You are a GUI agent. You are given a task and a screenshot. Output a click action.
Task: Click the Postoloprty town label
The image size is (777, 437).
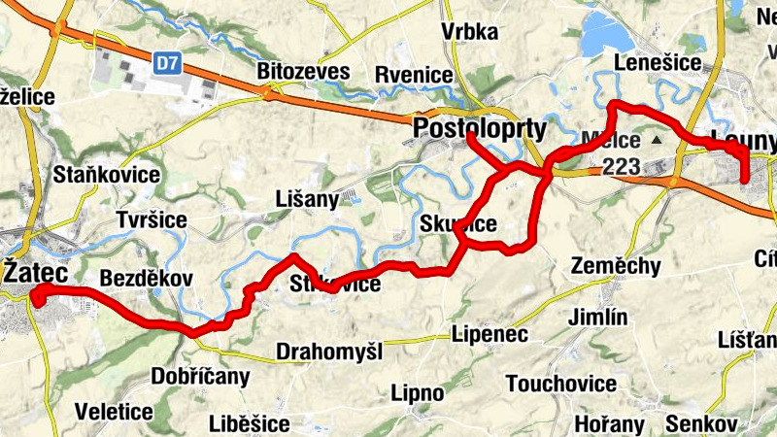pyautogui.click(x=480, y=128)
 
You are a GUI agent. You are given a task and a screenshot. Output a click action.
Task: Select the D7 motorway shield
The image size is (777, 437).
pyautogui.click(x=167, y=63)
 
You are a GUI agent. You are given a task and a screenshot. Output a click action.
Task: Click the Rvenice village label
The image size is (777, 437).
pyautogui.click(x=414, y=75)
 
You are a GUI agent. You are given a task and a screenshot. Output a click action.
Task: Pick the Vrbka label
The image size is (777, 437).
pyautogui.click(x=469, y=31)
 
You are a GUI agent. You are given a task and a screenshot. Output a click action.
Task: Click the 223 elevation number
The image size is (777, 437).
pyautogui.click(x=621, y=166)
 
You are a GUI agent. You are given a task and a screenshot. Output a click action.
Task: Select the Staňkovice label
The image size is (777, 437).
pyautogui.click(x=107, y=175)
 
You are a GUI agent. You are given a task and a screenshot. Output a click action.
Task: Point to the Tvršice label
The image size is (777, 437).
pyautogui.click(x=151, y=219)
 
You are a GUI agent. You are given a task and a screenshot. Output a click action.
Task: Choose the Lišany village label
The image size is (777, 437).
pyautogui.click(x=307, y=199)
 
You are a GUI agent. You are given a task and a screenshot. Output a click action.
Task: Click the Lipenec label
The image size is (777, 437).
pyautogui.click(x=490, y=334)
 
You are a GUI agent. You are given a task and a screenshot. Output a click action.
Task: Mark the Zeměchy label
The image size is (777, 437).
pyautogui.click(x=616, y=266)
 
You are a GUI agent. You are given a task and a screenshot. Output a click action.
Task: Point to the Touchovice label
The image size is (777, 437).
pyautogui.click(x=561, y=384)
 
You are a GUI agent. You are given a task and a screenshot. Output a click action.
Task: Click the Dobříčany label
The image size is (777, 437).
pyautogui.click(x=201, y=376)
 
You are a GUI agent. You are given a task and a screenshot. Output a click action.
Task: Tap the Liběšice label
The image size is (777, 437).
pyautogui.click(x=249, y=423)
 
